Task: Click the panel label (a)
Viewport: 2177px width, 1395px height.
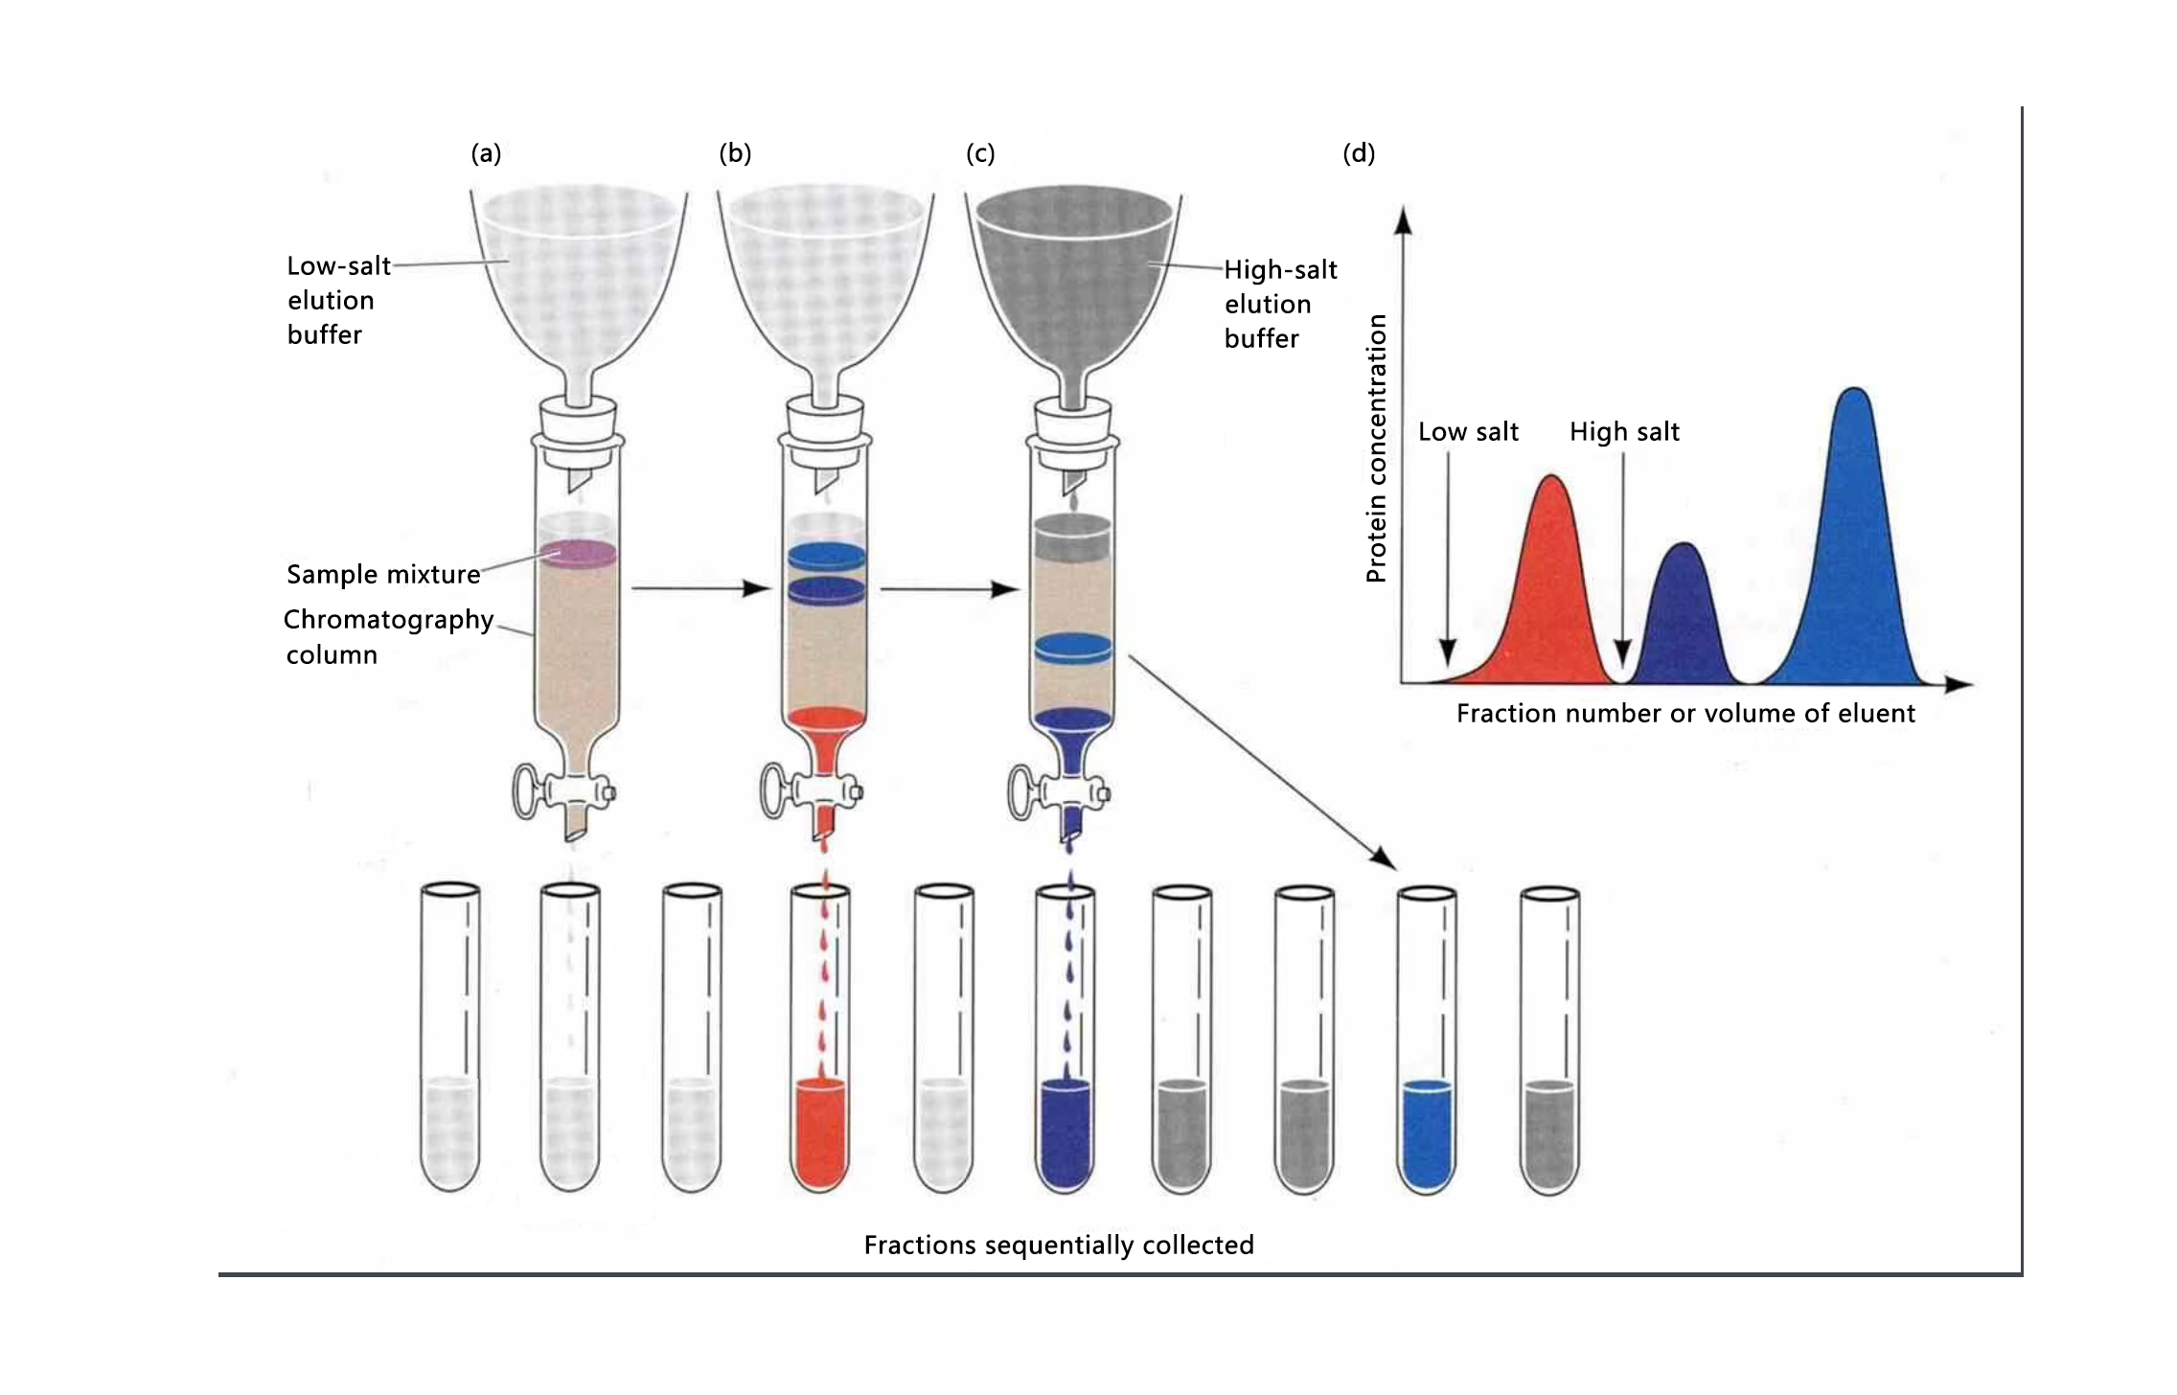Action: point(486,153)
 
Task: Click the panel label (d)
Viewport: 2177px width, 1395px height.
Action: point(1359,153)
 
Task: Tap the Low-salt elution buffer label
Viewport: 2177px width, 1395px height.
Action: point(338,300)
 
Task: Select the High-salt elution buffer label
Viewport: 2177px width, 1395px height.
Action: point(1279,304)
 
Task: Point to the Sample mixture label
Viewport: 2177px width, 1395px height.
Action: point(383,574)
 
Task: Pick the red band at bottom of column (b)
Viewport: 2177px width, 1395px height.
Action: point(826,720)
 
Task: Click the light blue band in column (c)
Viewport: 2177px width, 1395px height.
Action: point(1073,649)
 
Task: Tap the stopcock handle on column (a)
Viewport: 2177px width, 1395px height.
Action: point(528,791)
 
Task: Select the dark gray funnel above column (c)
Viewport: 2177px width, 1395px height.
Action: point(1073,268)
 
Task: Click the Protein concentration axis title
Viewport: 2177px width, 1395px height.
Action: point(1376,448)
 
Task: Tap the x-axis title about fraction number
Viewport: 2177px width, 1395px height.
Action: point(1685,714)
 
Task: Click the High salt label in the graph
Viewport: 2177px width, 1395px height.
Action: point(1624,432)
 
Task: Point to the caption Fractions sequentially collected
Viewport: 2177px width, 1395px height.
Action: point(1059,1245)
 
